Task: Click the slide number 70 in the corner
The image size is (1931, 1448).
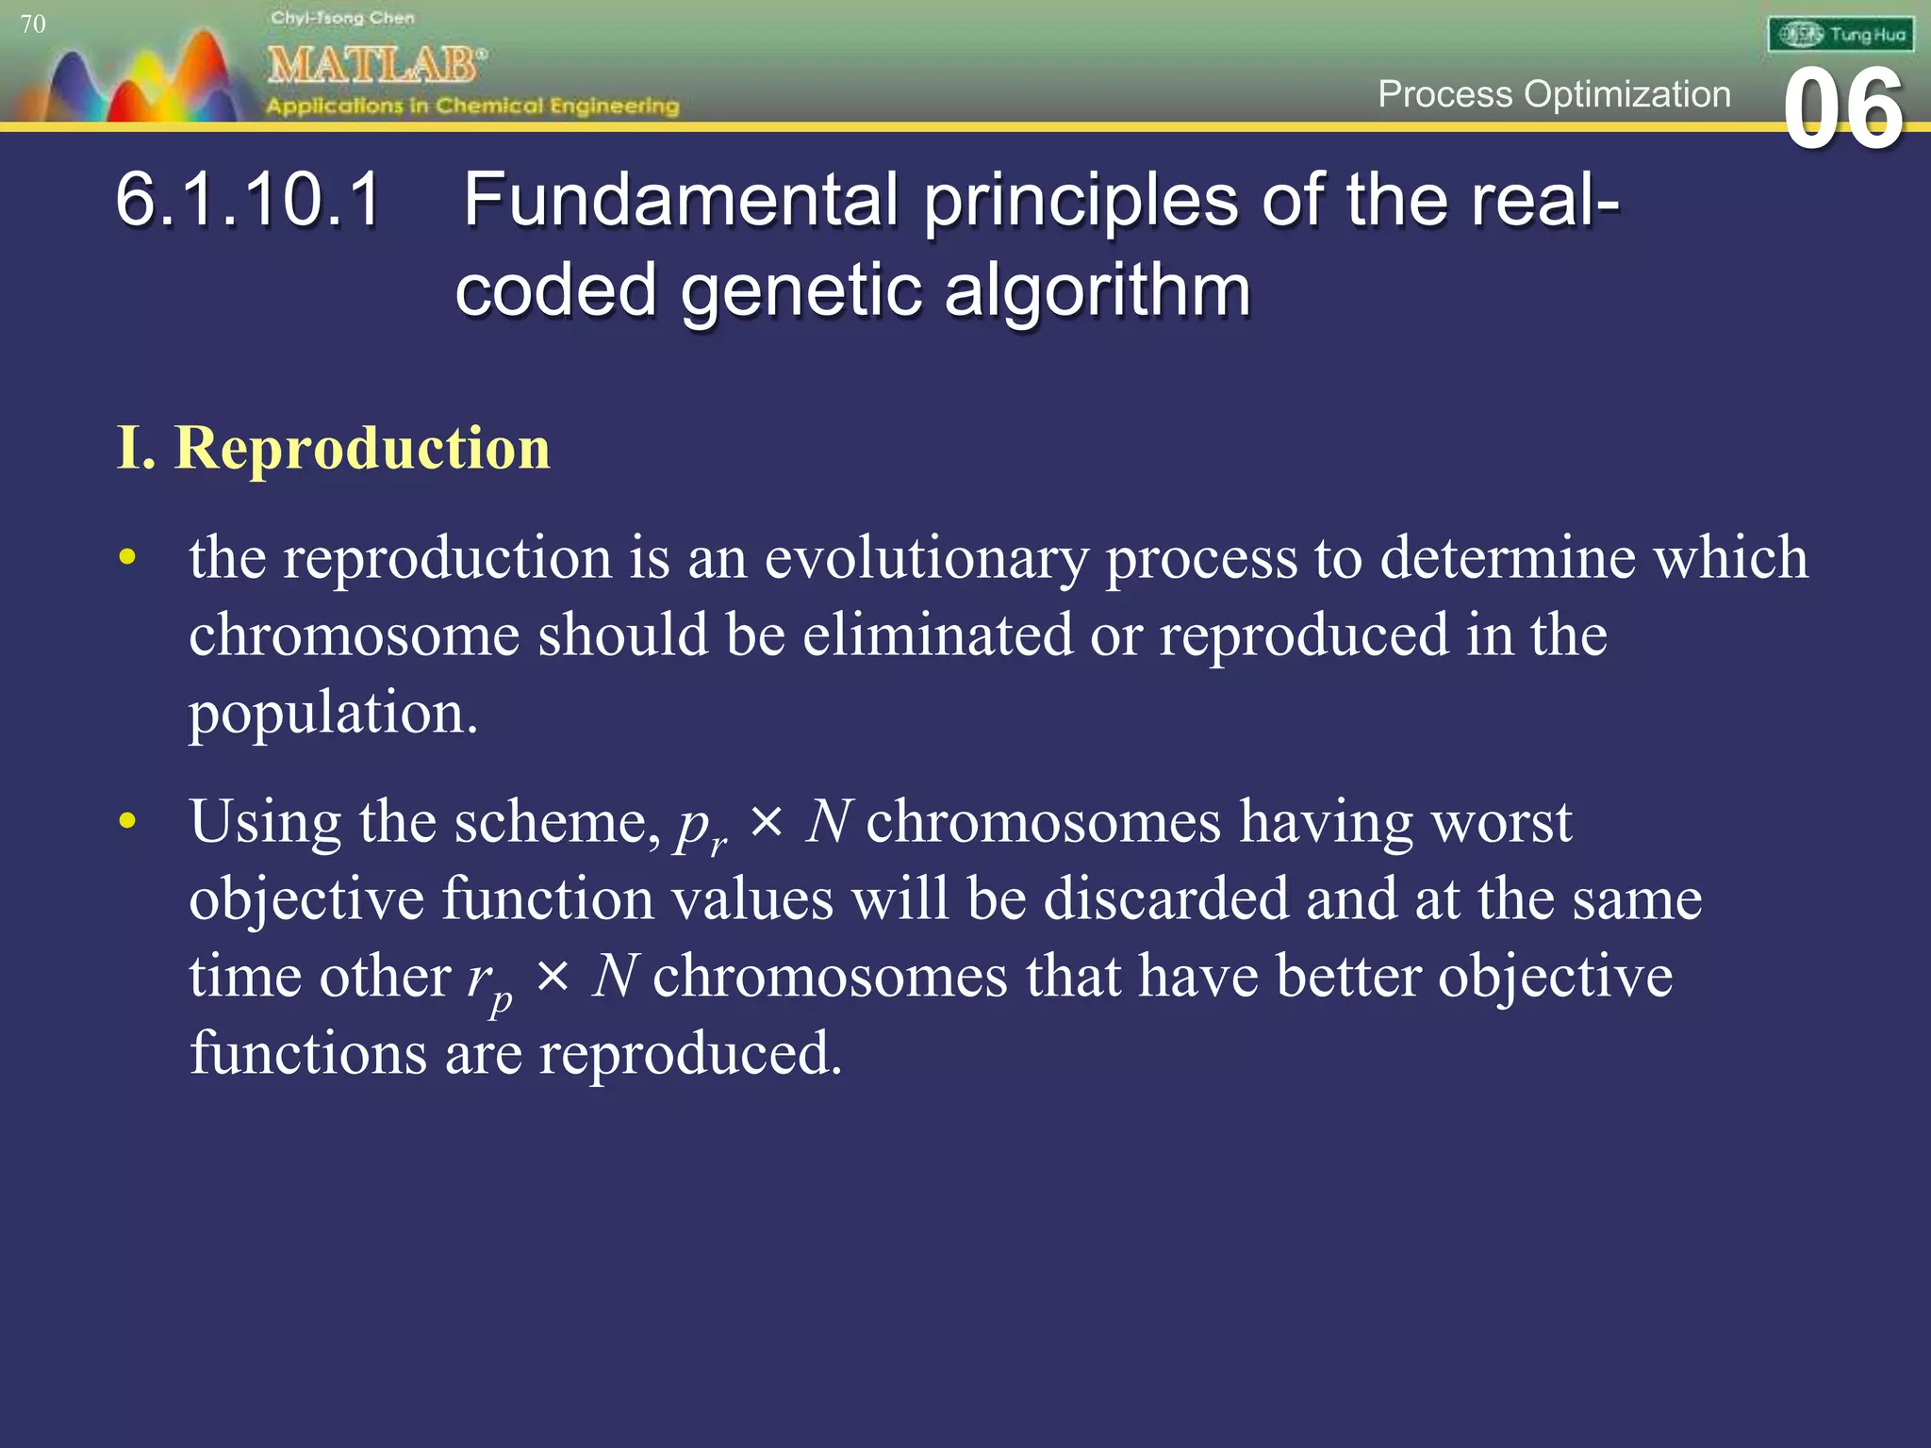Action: [x=32, y=24]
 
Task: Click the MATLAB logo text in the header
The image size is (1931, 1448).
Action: [x=375, y=65]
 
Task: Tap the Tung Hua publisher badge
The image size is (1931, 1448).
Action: [x=1840, y=35]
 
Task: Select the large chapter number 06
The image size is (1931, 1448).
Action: [x=1843, y=110]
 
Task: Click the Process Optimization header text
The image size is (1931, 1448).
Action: [x=1554, y=94]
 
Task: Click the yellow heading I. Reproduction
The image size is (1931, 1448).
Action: [x=333, y=447]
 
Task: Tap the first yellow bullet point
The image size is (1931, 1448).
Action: [x=127, y=556]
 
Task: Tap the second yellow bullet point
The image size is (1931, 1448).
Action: [x=127, y=820]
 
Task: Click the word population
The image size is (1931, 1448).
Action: [x=332, y=713]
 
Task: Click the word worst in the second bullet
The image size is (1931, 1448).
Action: [x=1501, y=821]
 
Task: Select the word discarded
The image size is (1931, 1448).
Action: [x=1165, y=898]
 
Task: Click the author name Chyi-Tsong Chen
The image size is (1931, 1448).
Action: [x=342, y=18]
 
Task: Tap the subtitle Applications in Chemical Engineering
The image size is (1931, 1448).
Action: [x=472, y=106]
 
